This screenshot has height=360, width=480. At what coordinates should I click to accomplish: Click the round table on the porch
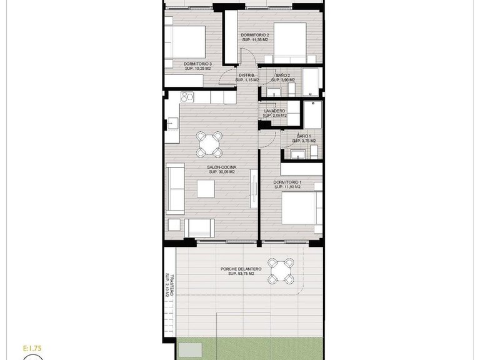[x=281, y=271]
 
